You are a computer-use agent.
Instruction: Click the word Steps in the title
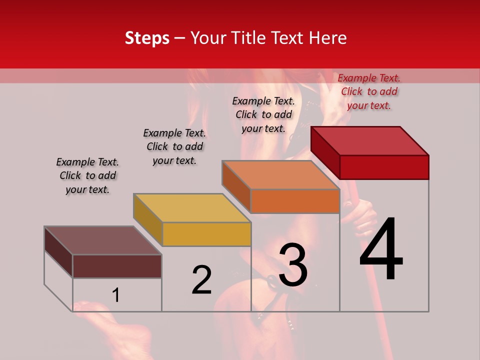click(147, 38)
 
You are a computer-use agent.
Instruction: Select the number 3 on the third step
click(293, 265)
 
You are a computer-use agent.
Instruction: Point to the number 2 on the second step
click(201, 280)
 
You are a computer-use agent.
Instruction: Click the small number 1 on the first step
click(116, 295)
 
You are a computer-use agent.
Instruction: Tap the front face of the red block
click(384, 167)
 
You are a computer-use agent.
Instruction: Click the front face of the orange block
click(295, 201)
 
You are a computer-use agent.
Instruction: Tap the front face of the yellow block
click(206, 234)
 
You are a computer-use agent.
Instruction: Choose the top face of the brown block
click(102, 240)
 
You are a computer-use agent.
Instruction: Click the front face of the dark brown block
click(117, 266)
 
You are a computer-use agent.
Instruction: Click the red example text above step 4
click(369, 91)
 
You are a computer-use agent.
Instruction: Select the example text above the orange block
click(263, 114)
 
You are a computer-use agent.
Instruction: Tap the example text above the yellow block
click(174, 146)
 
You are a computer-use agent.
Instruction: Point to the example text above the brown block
click(87, 175)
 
